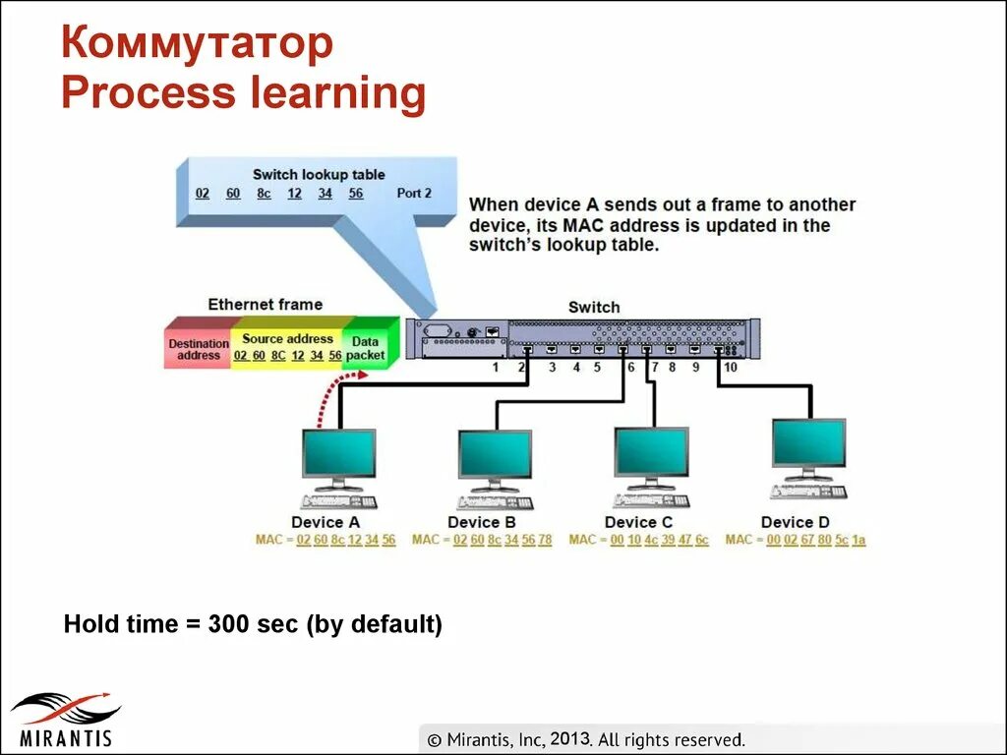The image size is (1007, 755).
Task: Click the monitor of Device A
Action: [x=338, y=453]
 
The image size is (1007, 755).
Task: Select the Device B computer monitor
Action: [x=495, y=454]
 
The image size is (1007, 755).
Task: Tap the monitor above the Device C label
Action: [x=651, y=452]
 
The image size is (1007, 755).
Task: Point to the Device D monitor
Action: [x=808, y=443]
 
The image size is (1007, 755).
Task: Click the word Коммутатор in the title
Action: [x=197, y=44]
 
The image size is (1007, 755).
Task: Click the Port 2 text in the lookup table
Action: [x=414, y=194]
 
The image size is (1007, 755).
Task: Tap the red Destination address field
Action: [x=199, y=349]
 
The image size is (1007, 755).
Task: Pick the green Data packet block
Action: [x=366, y=348]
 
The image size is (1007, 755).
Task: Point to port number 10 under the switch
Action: [x=730, y=368]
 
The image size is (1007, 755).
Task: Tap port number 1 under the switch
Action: [x=496, y=368]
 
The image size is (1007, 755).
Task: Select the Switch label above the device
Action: [x=594, y=307]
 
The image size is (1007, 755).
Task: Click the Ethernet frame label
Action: [x=265, y=304]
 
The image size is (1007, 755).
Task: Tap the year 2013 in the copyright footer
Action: [x=569, y=739]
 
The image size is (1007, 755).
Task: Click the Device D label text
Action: [x=795, y=522]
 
